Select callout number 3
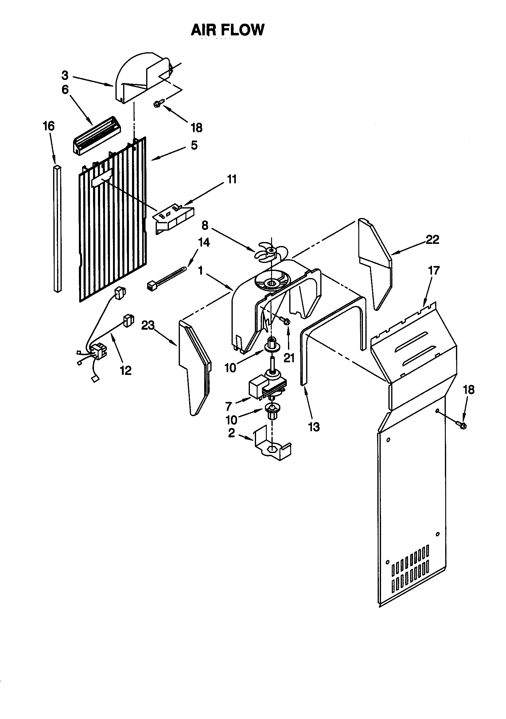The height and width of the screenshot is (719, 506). tap(65, 75)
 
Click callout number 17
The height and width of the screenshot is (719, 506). tap(434, 270)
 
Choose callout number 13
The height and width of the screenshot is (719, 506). tap(314, 427)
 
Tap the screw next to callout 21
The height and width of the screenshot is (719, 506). tap(285, 321)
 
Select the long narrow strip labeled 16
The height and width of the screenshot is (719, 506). tap(57, 228)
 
